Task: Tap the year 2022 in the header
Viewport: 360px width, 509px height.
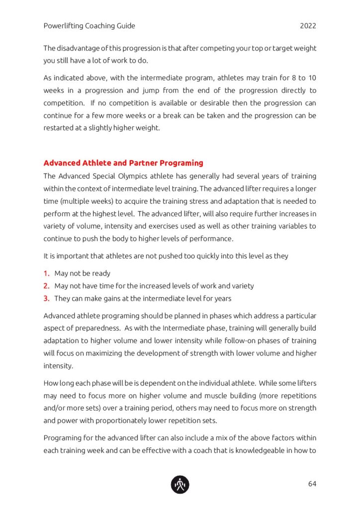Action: click(308, 26)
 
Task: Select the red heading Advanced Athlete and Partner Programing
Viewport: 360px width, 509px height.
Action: click(123, 163)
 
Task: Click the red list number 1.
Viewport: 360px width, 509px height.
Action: click(46, 273)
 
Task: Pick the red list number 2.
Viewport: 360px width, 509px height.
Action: click(46, 286)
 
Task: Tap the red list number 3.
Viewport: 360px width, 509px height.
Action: click(46, 299)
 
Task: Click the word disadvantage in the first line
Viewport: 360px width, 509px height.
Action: click(82, 48)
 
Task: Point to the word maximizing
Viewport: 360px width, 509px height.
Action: click(106, 354)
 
